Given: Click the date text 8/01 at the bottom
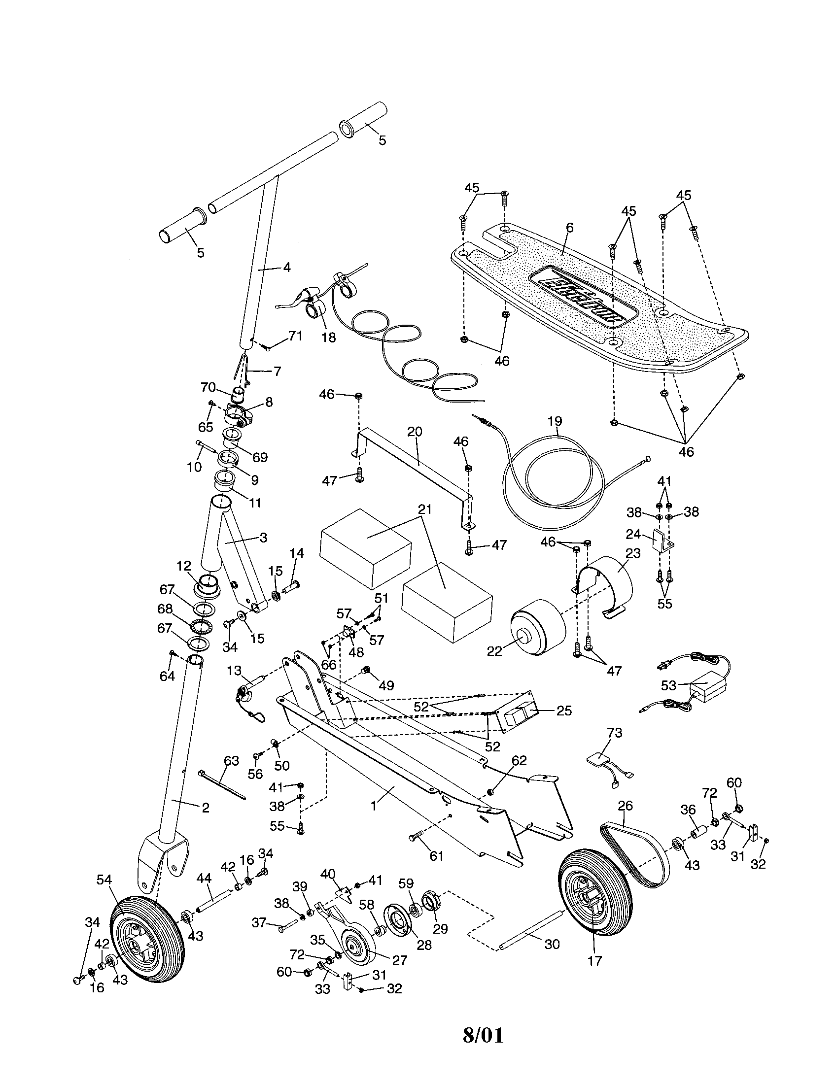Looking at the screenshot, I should coord(483,1045).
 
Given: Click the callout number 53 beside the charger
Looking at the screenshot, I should coord(669,685).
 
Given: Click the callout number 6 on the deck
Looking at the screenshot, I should coord(569,228).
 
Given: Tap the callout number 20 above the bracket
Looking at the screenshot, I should coord(415,431).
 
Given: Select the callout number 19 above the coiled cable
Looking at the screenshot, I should coord(555,421).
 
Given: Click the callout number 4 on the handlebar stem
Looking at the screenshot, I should coord(286,267).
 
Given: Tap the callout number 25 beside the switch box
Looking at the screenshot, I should coord(564,711).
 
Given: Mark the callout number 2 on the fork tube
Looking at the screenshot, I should coord(205,808).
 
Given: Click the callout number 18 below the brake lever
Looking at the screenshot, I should coord(328,338).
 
